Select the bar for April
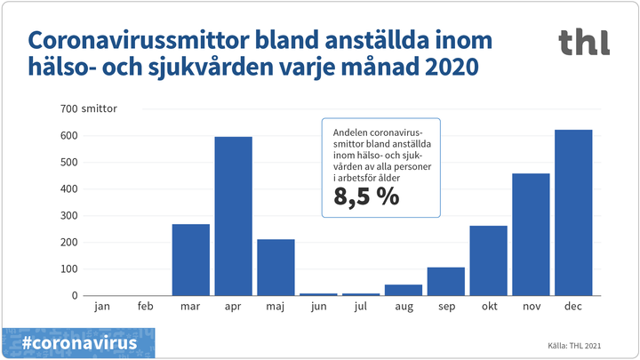pos(234,216)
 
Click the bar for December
pos(573,212)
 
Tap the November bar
pos(531,235)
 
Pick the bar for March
pos(191,260)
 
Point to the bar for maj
pos(276,268)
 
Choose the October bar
pos(489,260)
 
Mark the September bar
pos(446,281)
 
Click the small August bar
pos(404,290)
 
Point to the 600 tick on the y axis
pos(69,135)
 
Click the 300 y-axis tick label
pos(69,215)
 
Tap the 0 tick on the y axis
pos(75,295)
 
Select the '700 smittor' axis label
pos(89,108)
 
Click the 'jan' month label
pos(102,307)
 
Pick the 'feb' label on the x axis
pos(145,306)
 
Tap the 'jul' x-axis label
pos(361,307)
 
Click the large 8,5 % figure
pos(366,196)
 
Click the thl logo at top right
pos(585,42)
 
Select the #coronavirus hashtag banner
pos(78,343)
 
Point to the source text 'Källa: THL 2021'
pos(574,346)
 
